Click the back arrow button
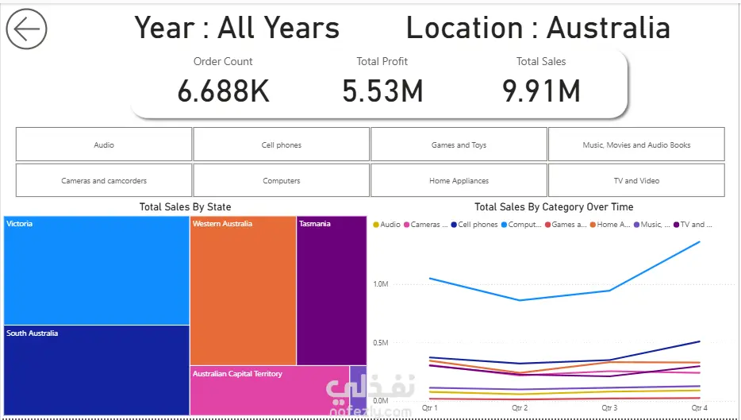(x=26, y=29)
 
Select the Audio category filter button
(x=104, y=144)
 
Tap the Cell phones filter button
(x=281, y=144)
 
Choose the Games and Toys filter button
(x=459, y=144)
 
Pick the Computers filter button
(x=281, y=180)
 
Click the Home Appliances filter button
(x=459, y=180)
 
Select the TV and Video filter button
(x=636, y=180)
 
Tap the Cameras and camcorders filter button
(x=104, y=180)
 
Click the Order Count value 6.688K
(x=223, y=91)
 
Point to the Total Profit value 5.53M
(x=382, y=91)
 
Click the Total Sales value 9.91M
(x=541, y=91)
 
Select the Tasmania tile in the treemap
(x=332, y=291)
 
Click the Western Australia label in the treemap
(x=222, y=224)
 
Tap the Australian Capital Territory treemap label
(x=237, y=374)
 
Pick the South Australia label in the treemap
(x=33, y=333)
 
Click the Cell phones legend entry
(x=474, y=225)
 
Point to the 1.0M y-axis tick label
(x=381, y=284)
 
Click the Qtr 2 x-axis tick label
(x=520, y=408)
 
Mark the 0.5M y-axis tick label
(x=381, y=342)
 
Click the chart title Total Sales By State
(x=186, y=206)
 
